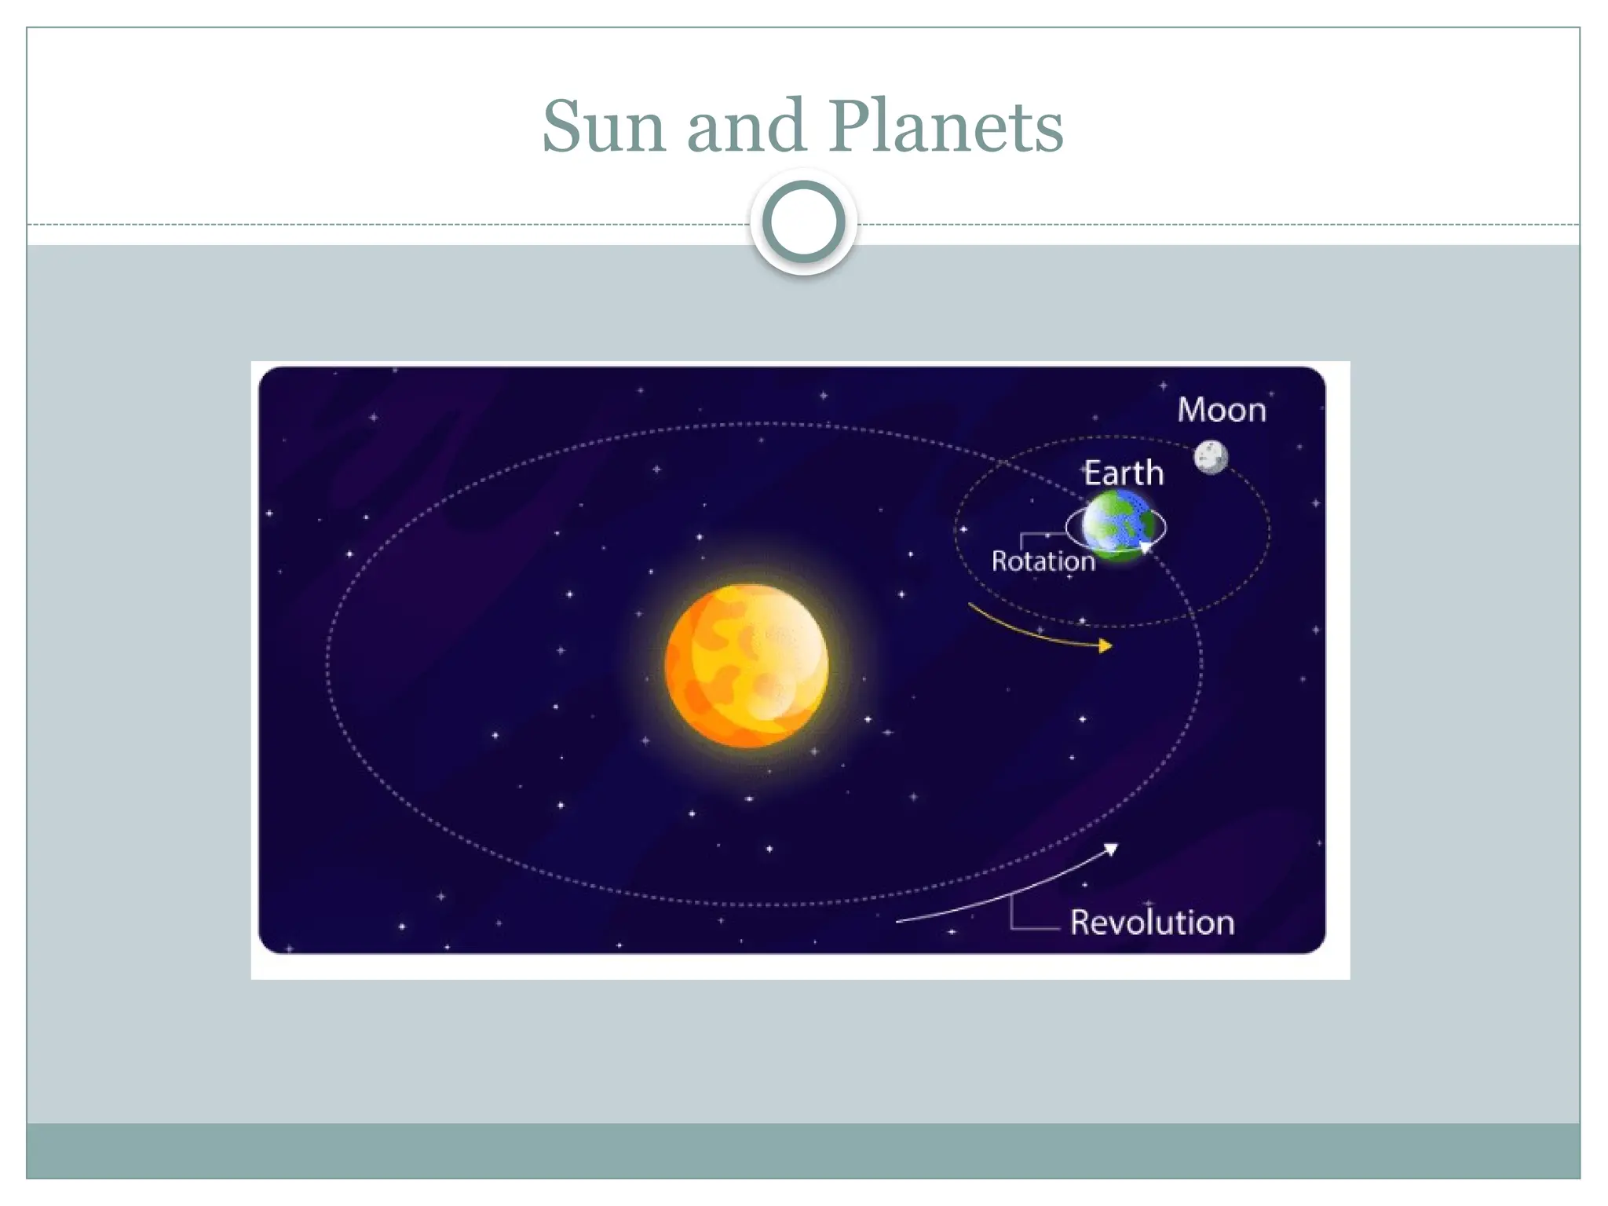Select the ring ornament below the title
[x=803, y=222]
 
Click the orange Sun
[x=747, y=665]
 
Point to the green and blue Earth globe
[x=1117, y=524]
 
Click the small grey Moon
[x=1211, y=457]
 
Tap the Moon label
[x=1222, y=410]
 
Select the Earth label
[x=1124, y=473]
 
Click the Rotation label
[x=1043, y=561]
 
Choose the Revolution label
[x=1152, y=923]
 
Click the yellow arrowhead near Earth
[x=1106, y=645]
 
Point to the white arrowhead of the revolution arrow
[x=1112, y=849]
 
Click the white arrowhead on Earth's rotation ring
[x=1146, y=546]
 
